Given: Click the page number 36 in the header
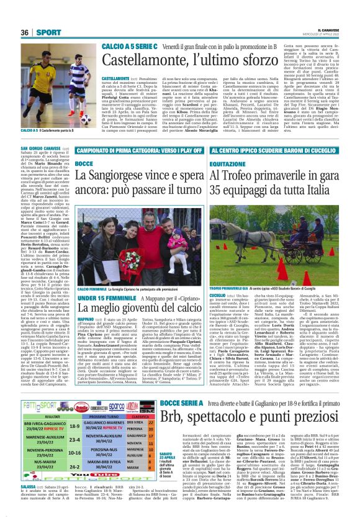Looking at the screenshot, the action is click(24, 32).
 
